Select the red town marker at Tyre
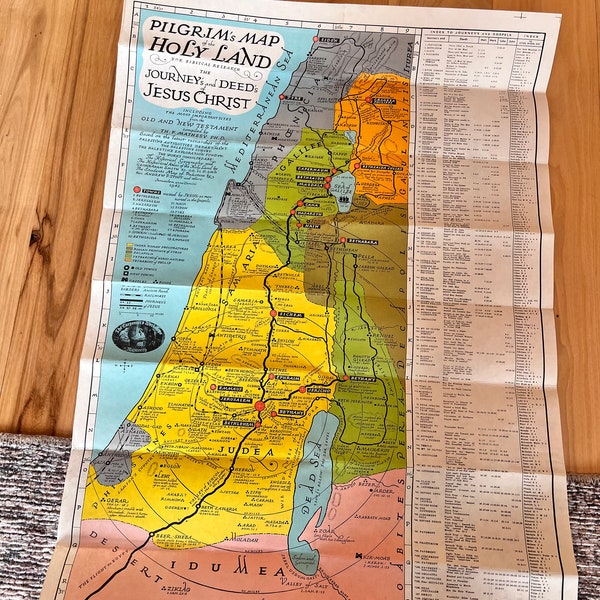click(x=284, y=98)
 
